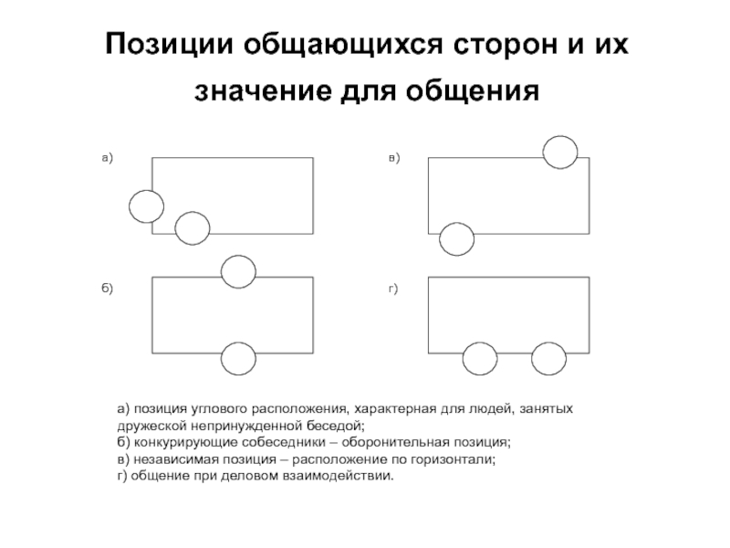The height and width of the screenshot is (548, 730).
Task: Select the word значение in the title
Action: coord(263,90)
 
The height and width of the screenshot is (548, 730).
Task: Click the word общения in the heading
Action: coord(473,90)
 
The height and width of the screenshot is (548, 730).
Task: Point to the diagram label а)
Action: coord(108,158)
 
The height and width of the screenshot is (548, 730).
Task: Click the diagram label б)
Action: coord(108,289)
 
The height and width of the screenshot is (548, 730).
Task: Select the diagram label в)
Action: coord(394,158)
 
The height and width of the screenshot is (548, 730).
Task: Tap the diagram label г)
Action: coord(393,289)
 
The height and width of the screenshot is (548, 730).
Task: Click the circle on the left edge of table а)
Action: coord(130,206)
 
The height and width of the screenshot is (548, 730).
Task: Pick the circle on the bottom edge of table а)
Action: coord(175,227)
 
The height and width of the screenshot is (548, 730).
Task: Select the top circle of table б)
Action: coord(222,271)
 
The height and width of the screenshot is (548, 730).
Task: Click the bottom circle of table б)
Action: coord(222,358)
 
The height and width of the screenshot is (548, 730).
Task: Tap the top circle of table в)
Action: coord(543,152)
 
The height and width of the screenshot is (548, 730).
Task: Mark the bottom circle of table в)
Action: coord(440,239)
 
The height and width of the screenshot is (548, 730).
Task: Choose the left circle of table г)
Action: coord(464,358)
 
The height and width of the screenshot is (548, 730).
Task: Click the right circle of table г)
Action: coord(532,358)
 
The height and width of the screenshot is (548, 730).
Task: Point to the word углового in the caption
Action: coord(219,409)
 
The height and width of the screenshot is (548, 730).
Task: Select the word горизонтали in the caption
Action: coord(453,460)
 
